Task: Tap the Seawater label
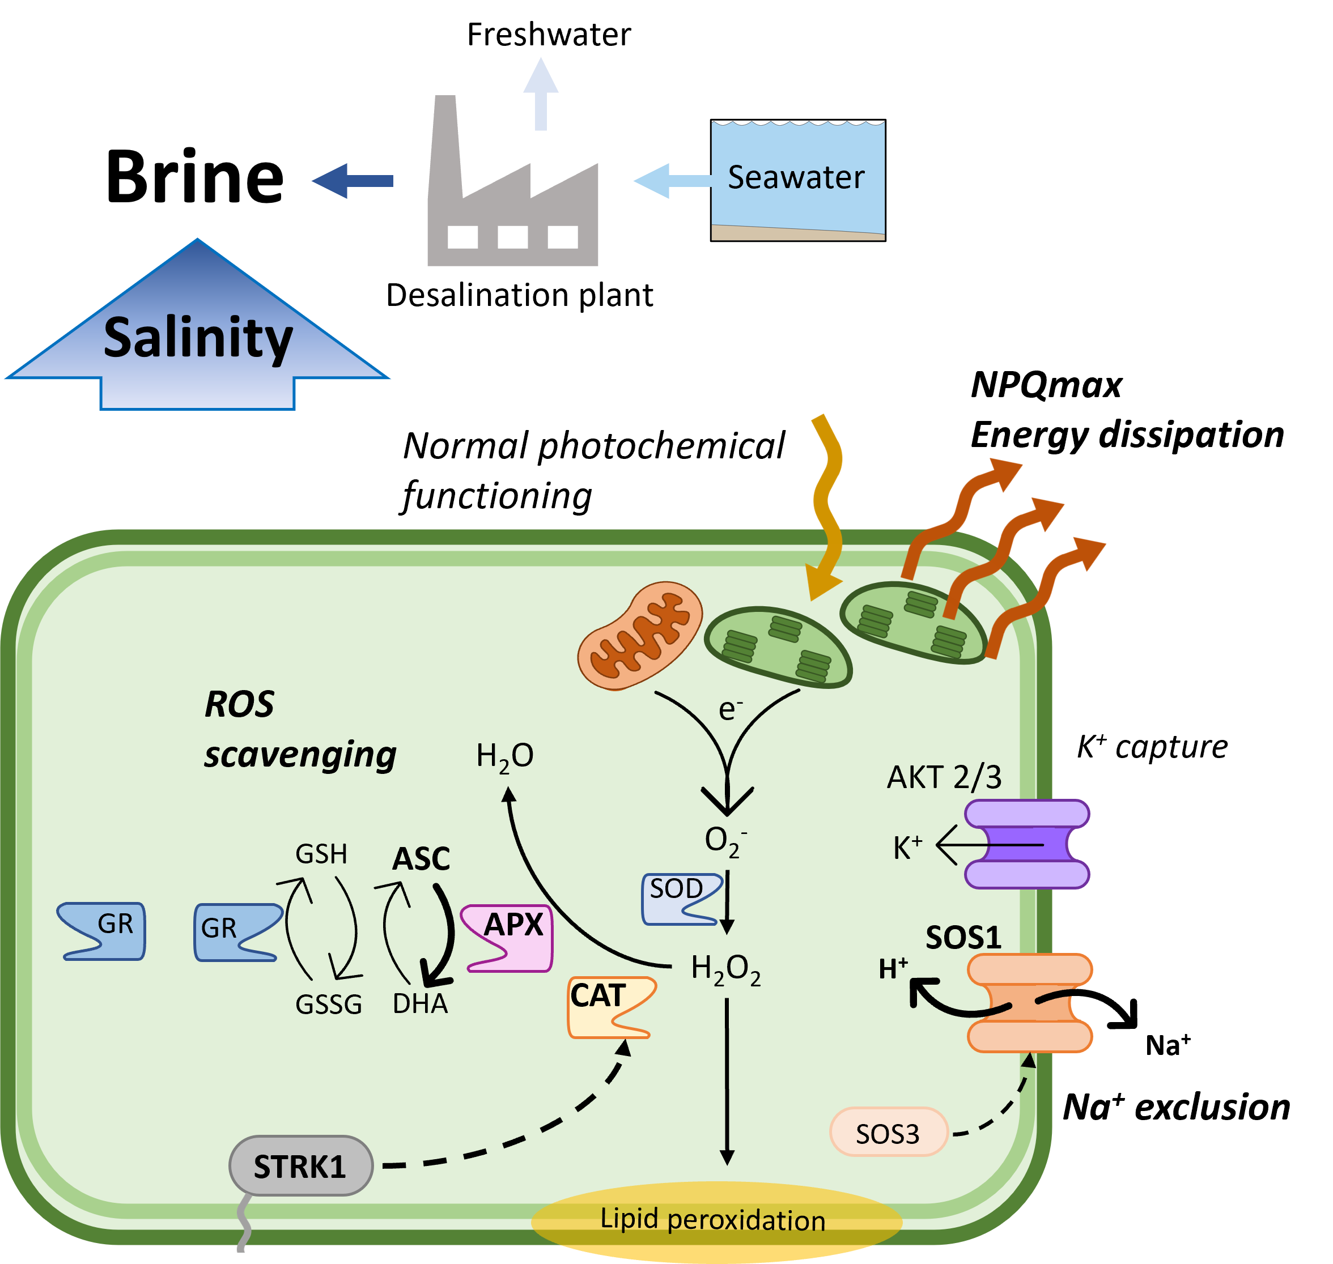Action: [x=796, y=177]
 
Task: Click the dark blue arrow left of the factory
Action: [x=352, y=181]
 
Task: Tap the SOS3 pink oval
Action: [x=888, y=1134]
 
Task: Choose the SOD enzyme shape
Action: [x=680, y=899]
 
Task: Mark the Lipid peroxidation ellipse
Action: [x=716, y=1220]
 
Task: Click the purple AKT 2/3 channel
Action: [x=1026, y=844]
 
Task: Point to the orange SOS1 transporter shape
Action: [x=1029, y=1003]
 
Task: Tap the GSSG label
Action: [x=328, y=1005]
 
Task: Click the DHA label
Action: [x=420, y=1004]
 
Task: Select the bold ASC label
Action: [x=421, y=859]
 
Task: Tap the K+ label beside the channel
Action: [x=907, y=848]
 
